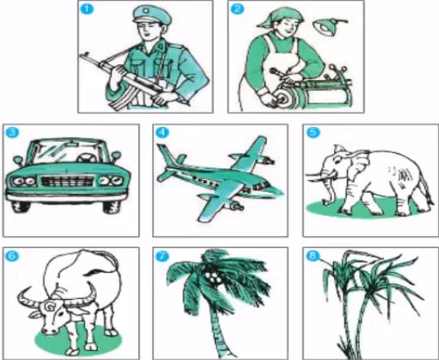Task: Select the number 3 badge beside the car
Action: pyautogui.click(x=11, y=132)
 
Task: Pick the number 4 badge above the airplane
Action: pyautogui.click(x=161, y=132)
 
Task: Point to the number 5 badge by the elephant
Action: pyautogui.click(x=311, y=132)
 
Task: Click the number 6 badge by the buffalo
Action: pyautogui.click(x=11, y=256)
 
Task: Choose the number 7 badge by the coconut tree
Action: pyautogui.click(x=161, y=256)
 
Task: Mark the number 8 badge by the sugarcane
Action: pyautogui.click(x=311, y=256)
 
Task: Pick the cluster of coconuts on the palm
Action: pyautogui.click(x=213, y=278)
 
